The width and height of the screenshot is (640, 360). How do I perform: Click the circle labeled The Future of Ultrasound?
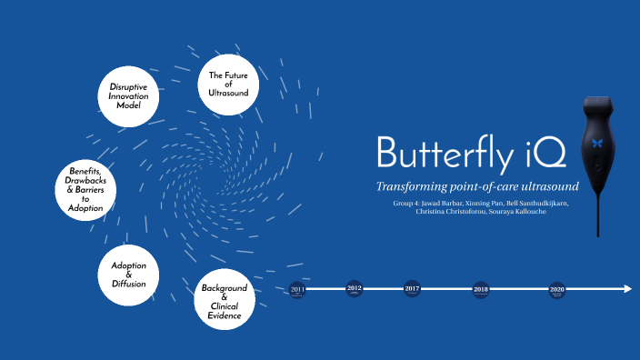pyautogui.click(x=228, y=85)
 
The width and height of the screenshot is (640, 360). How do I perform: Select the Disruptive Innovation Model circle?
pyautogui.click(x=128, y=96)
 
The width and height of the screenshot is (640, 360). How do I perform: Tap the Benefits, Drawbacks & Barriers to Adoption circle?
pyautogui.click(x=85, y=190)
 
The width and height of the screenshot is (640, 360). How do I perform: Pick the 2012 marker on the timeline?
pyautogui.click(x=355, y=289)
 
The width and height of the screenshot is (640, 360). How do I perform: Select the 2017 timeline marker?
pyautogui.click(x=413, y=289)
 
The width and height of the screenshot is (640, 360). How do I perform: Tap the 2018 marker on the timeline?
pyautogui.click(x=481, y=289)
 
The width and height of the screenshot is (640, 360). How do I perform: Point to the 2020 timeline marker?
pyautogui.click(x=557, y=289)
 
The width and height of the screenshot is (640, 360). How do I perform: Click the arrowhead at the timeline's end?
pyautogui.click(x=626, y=289)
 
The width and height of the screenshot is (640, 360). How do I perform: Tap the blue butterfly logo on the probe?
pyautogui.click(x=596, y=142)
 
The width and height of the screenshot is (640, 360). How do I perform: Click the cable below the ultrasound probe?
pyautogui.click(x=598, y=218)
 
